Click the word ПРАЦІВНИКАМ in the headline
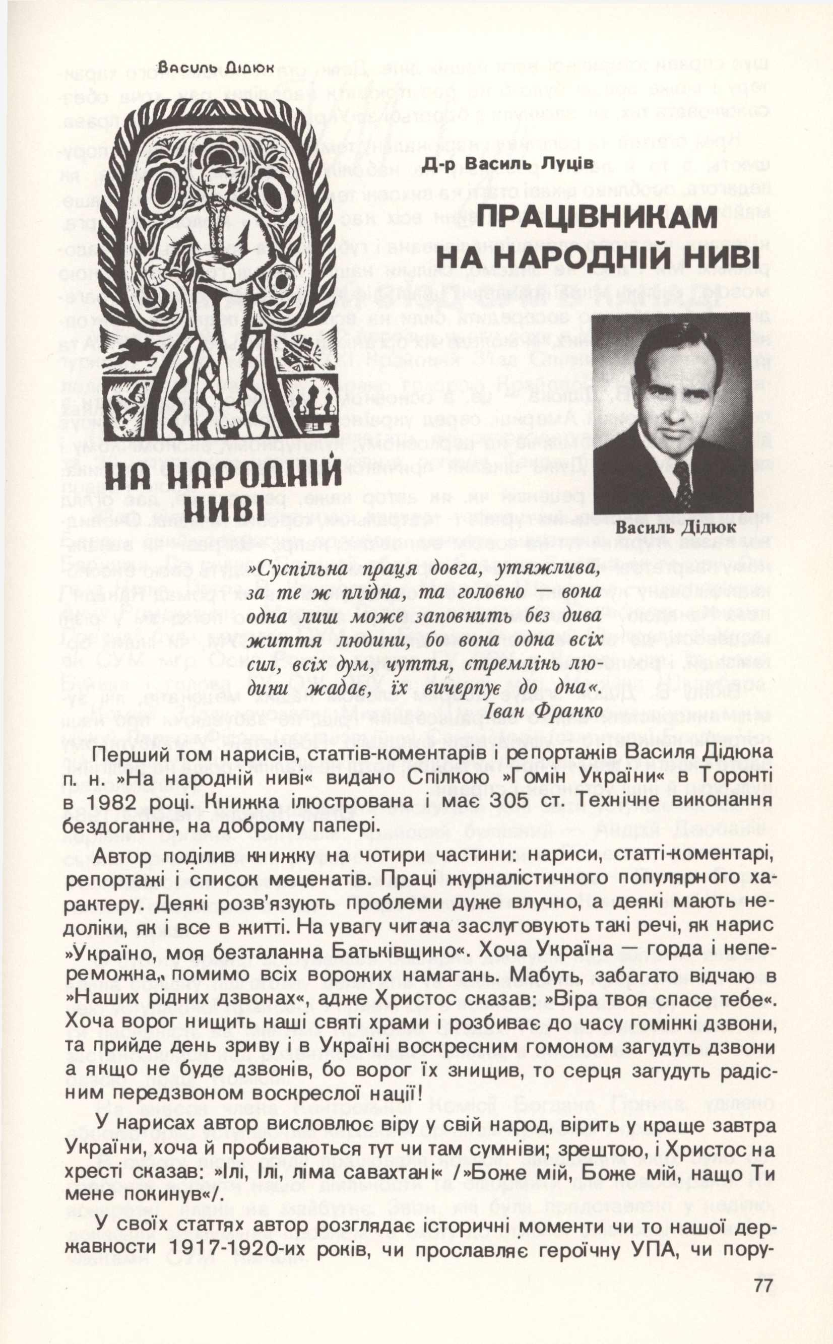point(598,218)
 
